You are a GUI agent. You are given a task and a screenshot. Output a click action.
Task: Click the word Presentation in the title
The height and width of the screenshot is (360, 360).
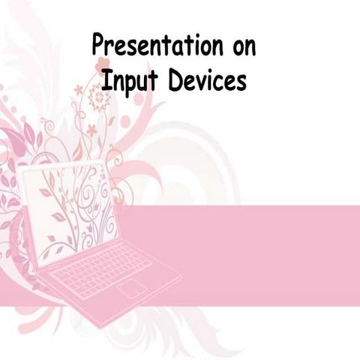[x=153, y=46]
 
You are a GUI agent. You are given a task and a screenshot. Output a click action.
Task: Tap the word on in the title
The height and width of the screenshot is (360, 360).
[x=240, y=46]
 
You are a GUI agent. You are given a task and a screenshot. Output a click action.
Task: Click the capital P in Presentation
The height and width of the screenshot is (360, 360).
[x=97, y=46]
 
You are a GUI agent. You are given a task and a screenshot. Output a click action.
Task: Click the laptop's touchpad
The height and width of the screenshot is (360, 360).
[x=132, y=289]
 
